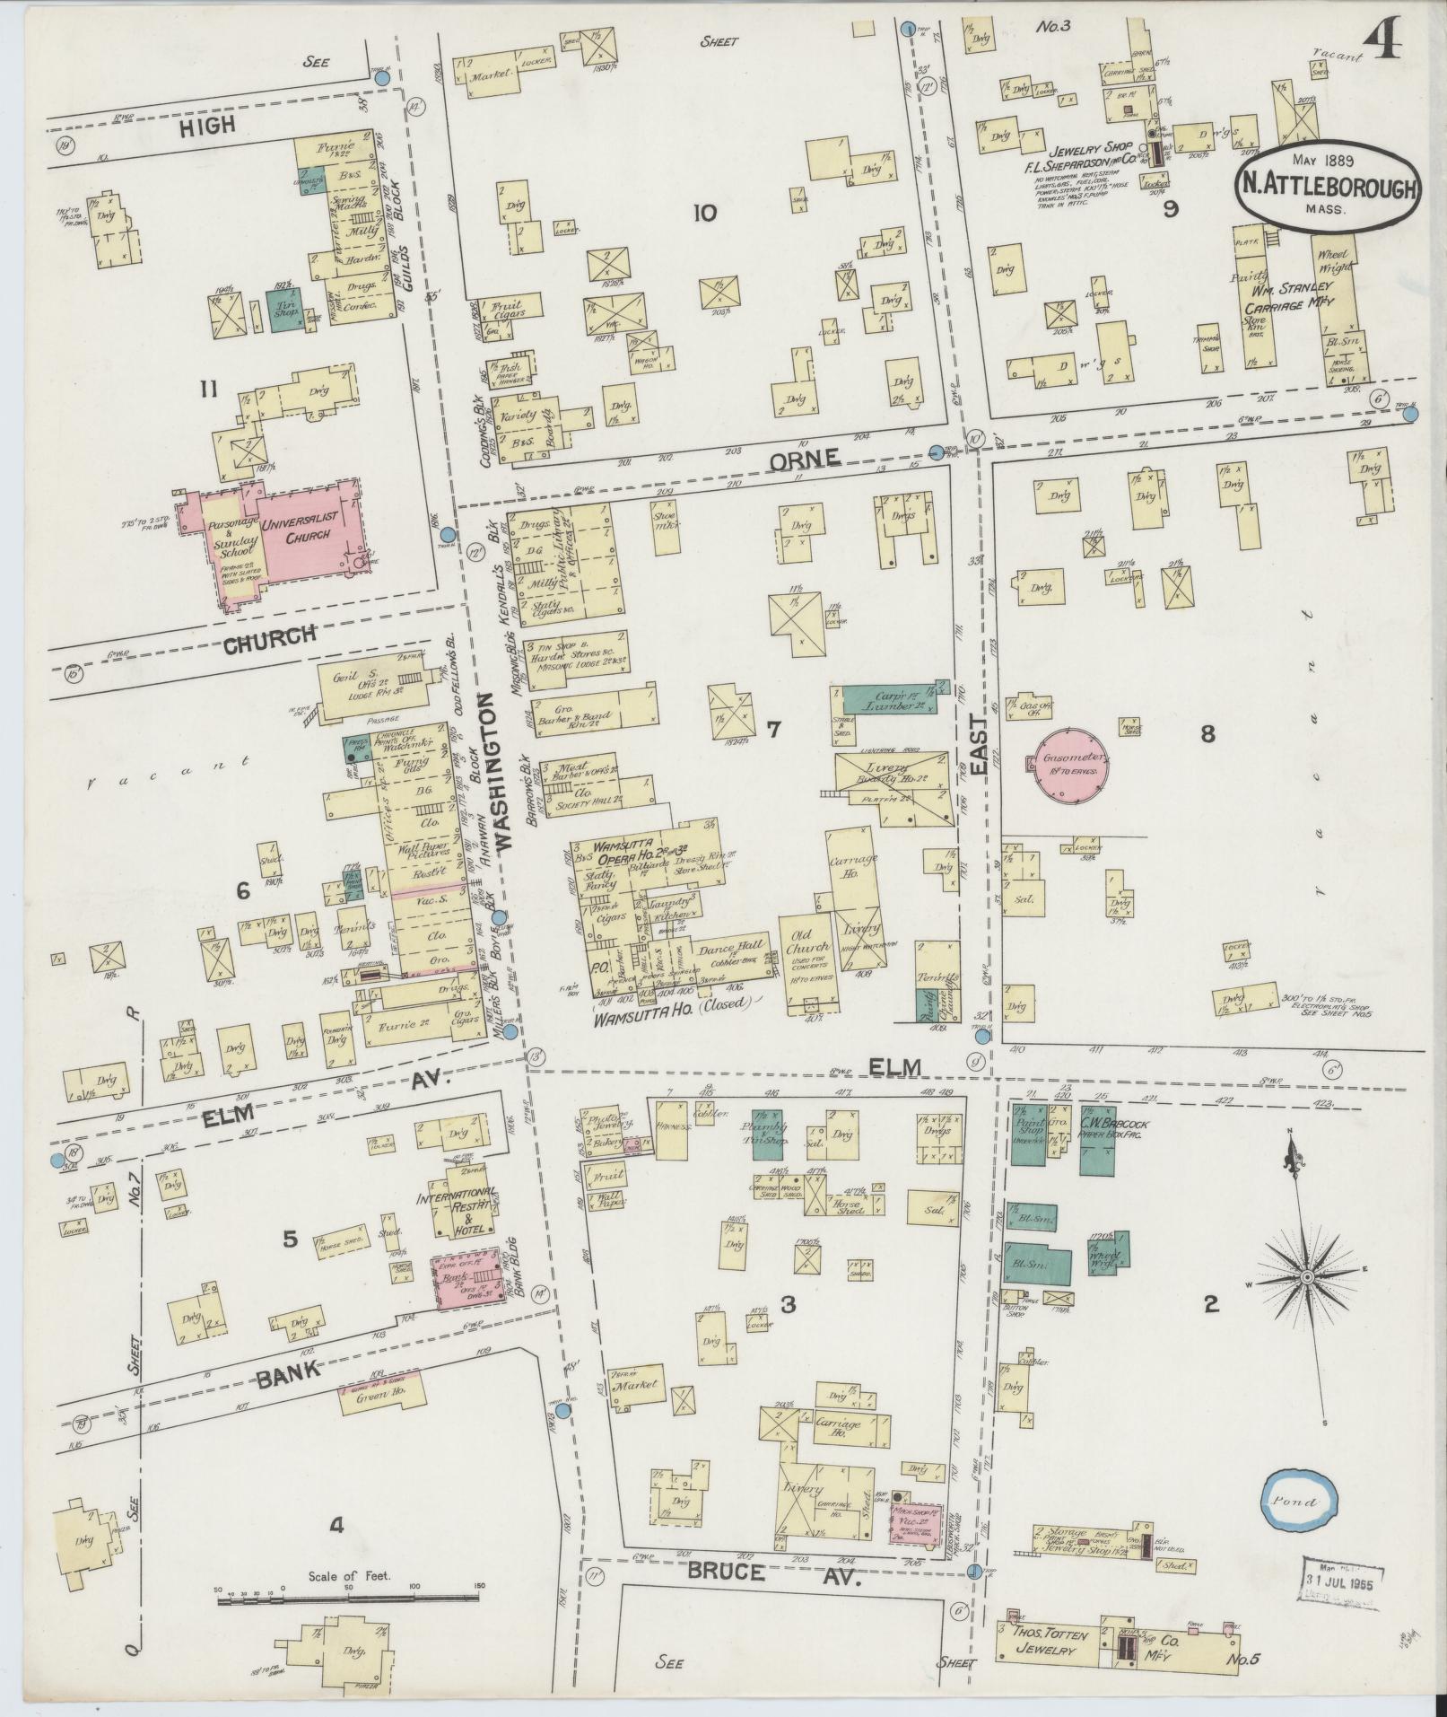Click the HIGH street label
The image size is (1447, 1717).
pos(206,126)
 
